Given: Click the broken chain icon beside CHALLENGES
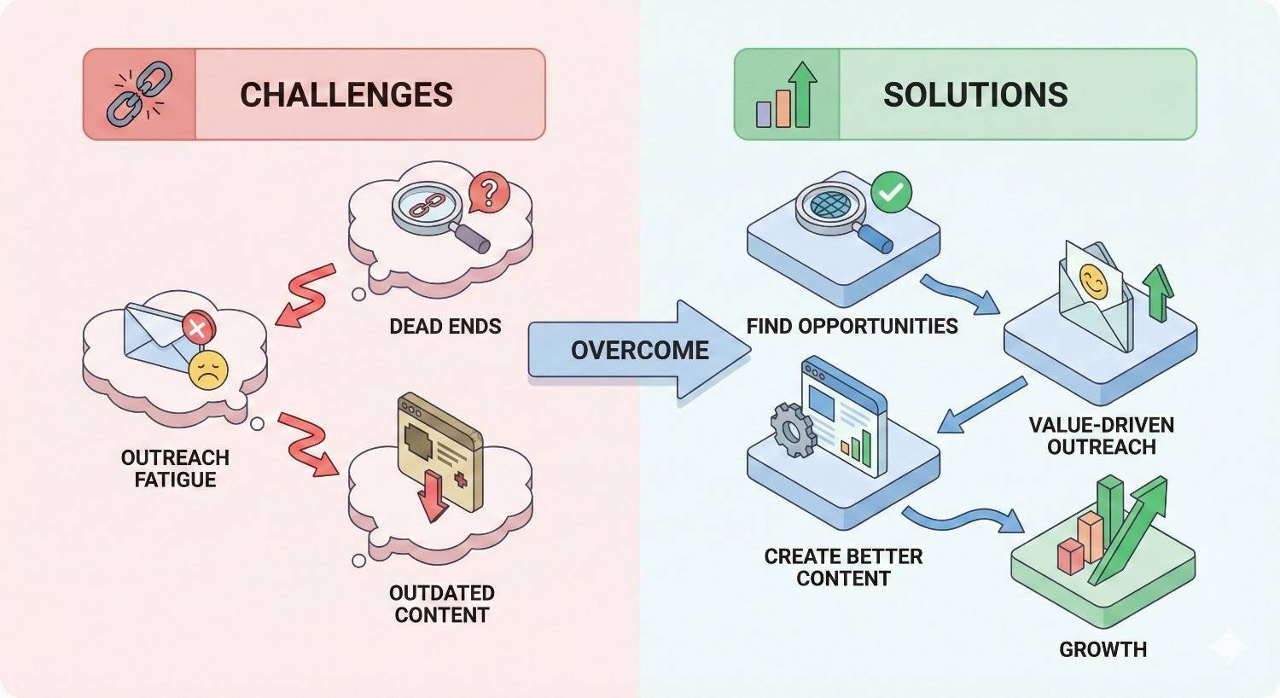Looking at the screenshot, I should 138,95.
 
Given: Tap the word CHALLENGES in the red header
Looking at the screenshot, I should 346,95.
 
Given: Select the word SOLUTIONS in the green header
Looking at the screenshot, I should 975,95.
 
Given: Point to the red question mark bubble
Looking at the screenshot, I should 488,194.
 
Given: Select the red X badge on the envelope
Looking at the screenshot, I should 198,328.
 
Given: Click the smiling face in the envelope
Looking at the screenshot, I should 1092,281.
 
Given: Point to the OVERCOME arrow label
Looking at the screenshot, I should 639,350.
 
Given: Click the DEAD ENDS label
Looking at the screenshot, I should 445,326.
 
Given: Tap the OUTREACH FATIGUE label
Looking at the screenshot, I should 175,468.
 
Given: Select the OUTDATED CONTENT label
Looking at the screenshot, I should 441,603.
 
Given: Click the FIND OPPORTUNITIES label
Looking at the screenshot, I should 852,326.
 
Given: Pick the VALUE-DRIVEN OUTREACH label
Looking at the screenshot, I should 1101,435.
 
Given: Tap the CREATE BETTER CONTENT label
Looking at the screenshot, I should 843,567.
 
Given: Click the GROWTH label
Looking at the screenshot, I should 1103,649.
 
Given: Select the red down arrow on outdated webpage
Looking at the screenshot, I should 433,496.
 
